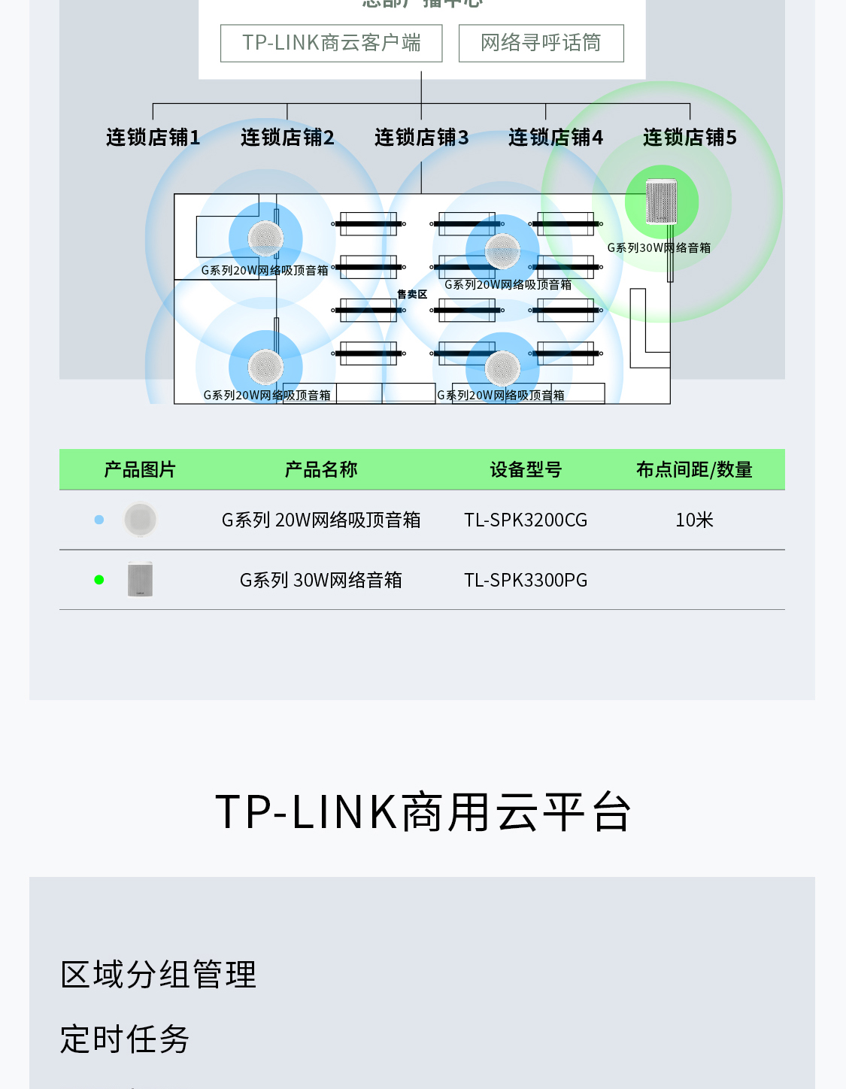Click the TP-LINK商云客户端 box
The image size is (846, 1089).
[x=331, y=43]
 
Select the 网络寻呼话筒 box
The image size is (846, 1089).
[x=541, y=43]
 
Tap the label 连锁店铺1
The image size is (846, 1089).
[x=153, y=138]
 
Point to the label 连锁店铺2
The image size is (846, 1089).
[x=287, y=138]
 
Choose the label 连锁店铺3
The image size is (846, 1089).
[x=421, y=138]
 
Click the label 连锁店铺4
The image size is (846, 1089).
[x=555, y=138]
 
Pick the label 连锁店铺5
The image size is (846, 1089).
[x=690, y=138]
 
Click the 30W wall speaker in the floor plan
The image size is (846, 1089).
[x=662, y=201]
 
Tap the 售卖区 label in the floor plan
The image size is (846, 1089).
[x=412, y=295]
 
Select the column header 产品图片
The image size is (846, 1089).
[x=140, y=470]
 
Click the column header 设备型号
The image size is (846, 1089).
[x=526, y=470]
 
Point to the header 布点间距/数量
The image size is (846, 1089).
[x=694, y=470]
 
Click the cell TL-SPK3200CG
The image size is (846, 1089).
[x=526, y=520]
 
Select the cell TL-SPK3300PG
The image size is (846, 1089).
[x=526, y=581]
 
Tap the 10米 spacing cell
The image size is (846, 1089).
[x=694, y=520]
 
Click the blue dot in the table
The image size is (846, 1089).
[x=99, y=520]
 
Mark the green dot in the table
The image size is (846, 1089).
[x=99, y=580]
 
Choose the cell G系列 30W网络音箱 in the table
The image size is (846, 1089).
[x=321, y=581]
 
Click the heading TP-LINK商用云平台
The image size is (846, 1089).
[x=423, y=812]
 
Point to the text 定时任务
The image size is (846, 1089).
[x=125, y=1039]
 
